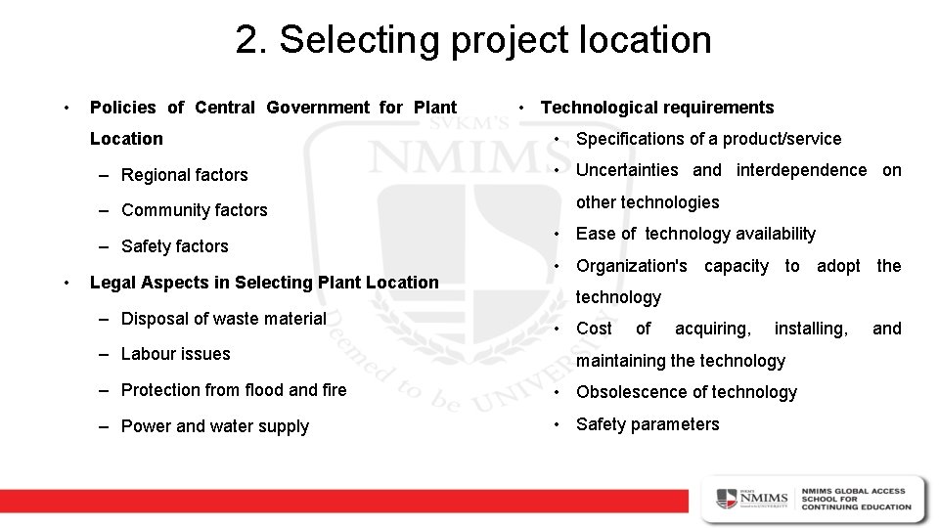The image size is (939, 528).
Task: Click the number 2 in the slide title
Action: coord(247,40)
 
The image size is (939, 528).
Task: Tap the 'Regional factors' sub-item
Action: coord(185,175)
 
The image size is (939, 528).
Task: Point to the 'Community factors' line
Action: coord(194,210)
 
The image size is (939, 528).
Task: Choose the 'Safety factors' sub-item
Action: coord(175,246)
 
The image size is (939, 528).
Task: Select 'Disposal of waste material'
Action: coord(224,319)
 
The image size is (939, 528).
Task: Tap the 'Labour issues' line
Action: coord(176,354)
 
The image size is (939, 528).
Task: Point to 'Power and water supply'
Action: coord(215,426)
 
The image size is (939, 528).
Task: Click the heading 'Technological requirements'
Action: coord(657,108)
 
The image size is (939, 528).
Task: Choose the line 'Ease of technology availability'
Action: coord(695,234)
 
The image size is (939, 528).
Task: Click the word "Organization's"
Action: coord(632,266)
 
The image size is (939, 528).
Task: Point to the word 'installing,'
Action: coord(811,329)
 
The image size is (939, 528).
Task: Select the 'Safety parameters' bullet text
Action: coord(648,424)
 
